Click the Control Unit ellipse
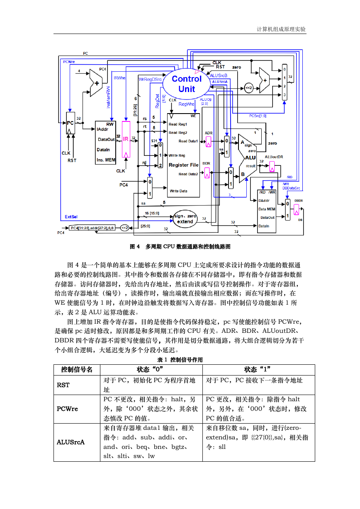tap(187, 84)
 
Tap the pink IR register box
tap(126, 140)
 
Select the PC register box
tap(70, 123)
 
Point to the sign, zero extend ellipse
tap(185, 218)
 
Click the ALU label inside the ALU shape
tap(250, 158)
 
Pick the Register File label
tap(183, 165)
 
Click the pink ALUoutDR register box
tap(272, 167)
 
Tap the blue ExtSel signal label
tap(71, 217)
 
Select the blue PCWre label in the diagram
tap(69, 62)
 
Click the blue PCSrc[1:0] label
tap(258, 116)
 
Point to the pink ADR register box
tap(208, 142)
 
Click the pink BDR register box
tap(207, 173)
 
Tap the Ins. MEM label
tap(106, 160)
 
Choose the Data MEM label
tap(267, 209)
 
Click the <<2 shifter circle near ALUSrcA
tap(248, 88)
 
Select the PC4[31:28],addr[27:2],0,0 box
tap(92, 228)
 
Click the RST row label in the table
tap(63, 385)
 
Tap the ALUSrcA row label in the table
tap(71, 442)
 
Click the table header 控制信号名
tap(77, 369)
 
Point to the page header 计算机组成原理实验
tap(281, 29)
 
